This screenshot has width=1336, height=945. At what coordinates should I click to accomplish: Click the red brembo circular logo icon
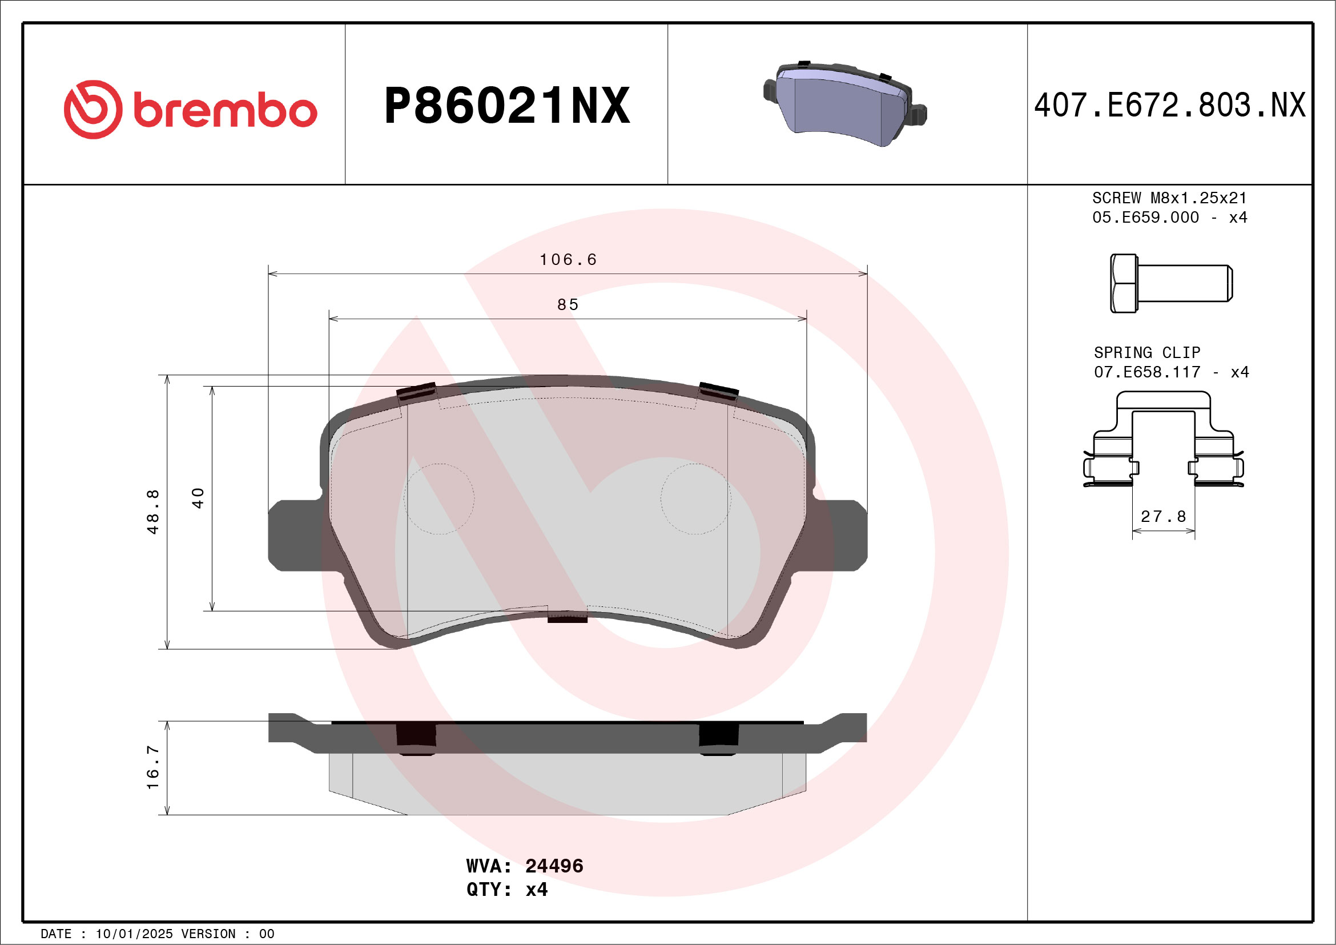93,110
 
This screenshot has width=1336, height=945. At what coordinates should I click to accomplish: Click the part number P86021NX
507,106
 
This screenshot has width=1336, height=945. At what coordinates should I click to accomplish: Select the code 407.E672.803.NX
1170,106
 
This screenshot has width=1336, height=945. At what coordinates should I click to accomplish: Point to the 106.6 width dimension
568,260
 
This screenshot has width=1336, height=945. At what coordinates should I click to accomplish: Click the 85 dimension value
568,305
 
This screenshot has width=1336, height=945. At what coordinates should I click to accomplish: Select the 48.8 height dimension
152,512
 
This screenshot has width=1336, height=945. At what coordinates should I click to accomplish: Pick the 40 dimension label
198,498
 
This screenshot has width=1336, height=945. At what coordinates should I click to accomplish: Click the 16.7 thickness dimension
152,767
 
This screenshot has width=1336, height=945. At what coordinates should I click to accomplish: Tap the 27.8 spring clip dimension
1163,517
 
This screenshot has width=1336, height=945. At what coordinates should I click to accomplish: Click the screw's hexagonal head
1124,283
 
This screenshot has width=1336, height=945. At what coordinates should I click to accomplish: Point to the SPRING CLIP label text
1147,353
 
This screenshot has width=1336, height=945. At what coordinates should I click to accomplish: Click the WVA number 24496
554,866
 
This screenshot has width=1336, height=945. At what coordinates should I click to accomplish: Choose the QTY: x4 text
507,890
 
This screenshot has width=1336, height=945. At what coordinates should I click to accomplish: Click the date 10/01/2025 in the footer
134,934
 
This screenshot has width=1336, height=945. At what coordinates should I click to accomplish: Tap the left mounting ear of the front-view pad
294,536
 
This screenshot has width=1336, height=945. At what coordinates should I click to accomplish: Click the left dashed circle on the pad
439,498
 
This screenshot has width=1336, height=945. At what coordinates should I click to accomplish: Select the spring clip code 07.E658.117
1147,372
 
